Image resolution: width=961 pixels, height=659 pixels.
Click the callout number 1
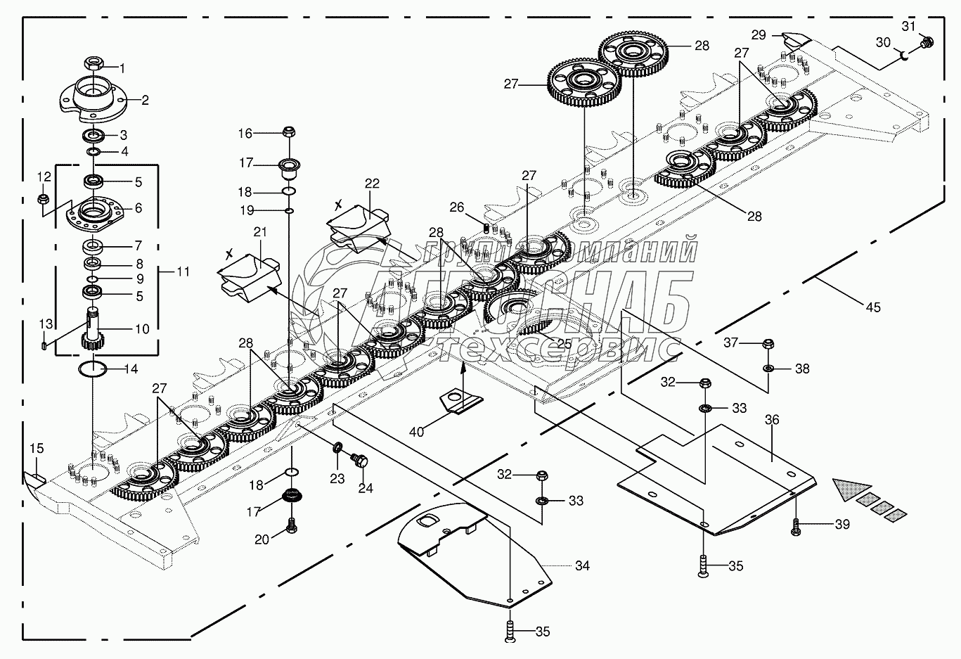(122, 69)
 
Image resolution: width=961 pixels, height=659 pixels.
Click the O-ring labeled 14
(92, 369)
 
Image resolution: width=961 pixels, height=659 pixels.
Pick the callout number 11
(183, 271)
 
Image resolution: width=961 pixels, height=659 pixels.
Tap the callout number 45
(873, 307)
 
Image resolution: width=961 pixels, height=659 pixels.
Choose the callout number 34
(582, 565)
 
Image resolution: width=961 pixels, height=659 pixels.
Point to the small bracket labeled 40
(462, 402)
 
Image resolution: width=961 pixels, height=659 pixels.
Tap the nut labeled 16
(288, 132)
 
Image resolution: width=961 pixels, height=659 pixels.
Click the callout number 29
(758, 34)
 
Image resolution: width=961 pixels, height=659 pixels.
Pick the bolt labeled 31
(926, 44)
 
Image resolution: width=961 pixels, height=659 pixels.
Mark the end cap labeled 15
(33, 478)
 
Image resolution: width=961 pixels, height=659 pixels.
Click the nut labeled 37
(768, 344)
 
